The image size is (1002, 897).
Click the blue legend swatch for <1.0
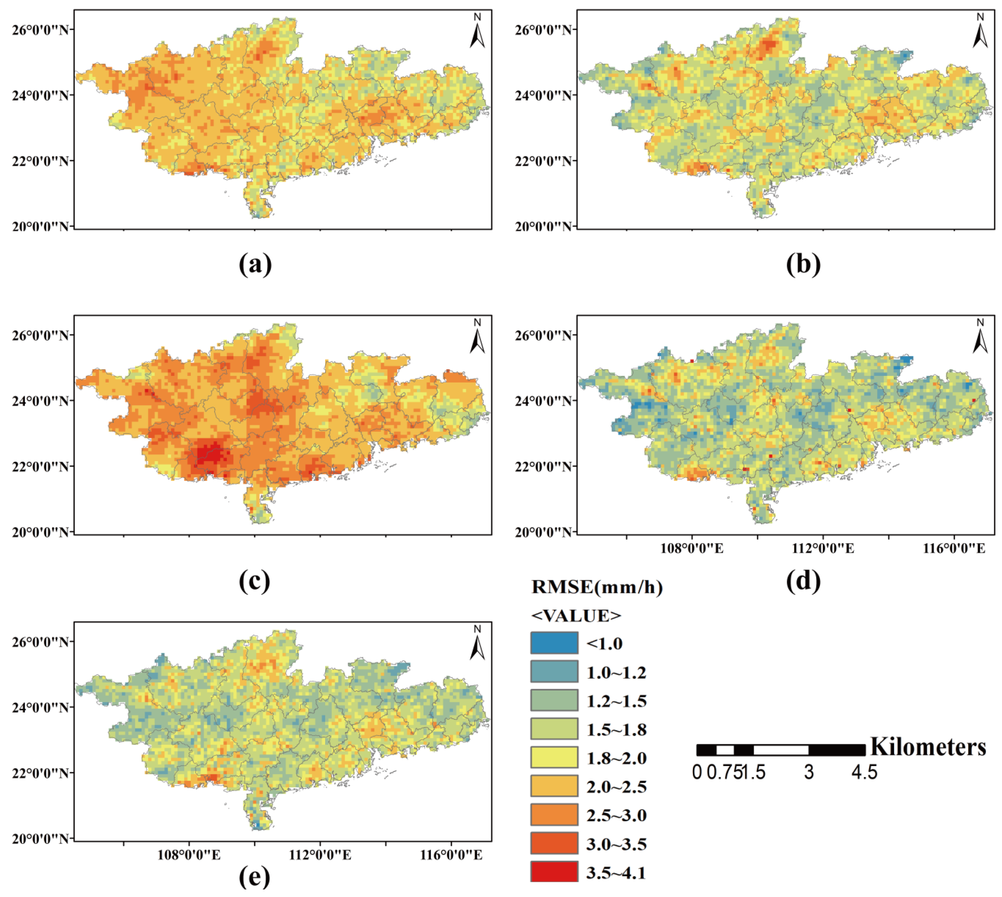click(x=554, y=643)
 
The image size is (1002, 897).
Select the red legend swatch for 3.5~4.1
click(x=554, y=872)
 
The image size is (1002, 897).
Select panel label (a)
click(x=255, y=265)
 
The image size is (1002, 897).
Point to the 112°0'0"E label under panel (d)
click(x=822, y=548)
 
